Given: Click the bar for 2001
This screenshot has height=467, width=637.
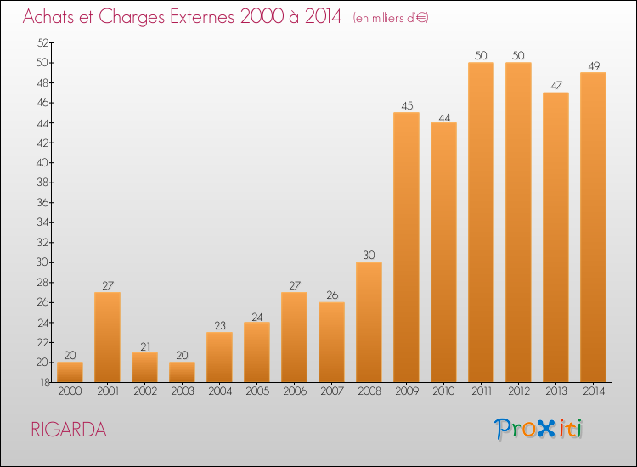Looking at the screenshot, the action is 107,337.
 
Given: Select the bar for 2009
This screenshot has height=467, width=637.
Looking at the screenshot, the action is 406,247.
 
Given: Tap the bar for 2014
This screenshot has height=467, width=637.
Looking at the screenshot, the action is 593,227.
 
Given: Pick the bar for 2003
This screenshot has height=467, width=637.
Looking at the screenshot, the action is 182,372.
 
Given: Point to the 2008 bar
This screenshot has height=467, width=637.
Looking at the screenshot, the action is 369,322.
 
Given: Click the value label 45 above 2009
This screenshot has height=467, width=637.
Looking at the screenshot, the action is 407,105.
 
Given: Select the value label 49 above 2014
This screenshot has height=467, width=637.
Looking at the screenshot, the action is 594,65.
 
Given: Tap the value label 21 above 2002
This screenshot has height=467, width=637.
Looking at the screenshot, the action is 145,346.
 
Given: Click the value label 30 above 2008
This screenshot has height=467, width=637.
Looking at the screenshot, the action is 369,255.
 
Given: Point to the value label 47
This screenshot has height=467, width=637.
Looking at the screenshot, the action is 556,85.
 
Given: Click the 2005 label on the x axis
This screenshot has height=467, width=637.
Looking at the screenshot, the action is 257,391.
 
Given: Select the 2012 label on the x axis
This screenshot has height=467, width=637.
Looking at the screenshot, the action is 519,391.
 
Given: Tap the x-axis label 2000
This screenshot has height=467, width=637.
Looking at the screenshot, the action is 70,391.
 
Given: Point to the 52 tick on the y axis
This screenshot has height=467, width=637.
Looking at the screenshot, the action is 42,42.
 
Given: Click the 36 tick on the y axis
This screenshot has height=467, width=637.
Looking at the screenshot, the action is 42,202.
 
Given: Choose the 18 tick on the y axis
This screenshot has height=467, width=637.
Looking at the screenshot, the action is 45,382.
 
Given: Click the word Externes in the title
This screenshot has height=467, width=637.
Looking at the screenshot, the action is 202,17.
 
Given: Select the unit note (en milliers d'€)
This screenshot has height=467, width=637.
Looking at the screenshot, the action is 391,18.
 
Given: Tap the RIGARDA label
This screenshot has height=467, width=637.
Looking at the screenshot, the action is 69,430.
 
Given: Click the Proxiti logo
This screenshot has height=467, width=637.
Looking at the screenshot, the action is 538,429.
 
